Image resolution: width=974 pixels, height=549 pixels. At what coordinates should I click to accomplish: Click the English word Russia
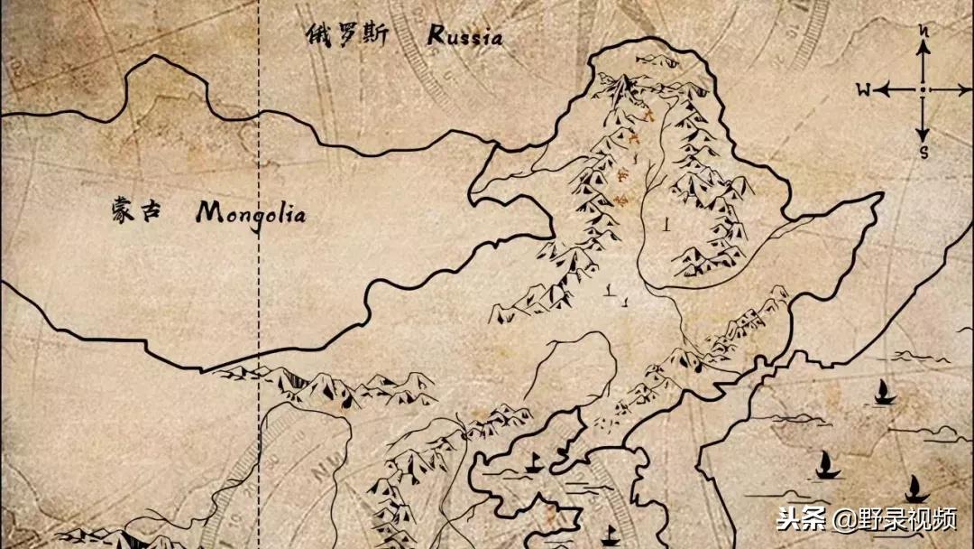464,36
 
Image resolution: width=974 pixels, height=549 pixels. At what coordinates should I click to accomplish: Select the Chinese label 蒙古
134,212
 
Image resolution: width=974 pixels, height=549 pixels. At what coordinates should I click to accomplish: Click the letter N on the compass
923,31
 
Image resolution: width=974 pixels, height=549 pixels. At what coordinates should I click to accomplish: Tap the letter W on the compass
863,89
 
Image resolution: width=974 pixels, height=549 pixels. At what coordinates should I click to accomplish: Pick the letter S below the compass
923,151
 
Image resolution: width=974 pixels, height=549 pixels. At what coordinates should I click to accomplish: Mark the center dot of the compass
923,89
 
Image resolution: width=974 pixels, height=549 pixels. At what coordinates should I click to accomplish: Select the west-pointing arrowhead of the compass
881,89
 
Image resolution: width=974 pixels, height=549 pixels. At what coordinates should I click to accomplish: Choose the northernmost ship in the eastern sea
883,392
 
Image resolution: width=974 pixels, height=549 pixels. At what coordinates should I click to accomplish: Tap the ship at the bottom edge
609,535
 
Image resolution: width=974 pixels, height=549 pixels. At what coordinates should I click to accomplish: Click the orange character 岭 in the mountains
617,200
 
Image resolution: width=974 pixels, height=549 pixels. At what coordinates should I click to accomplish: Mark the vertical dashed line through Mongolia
260,271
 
